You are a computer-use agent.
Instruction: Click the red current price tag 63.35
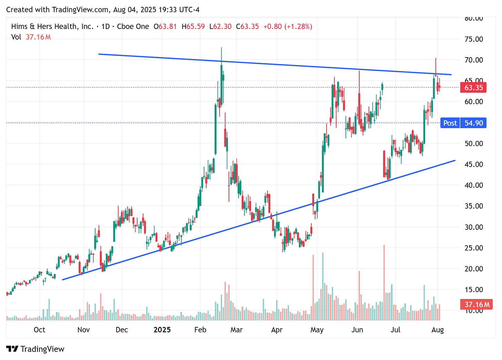[473, 88]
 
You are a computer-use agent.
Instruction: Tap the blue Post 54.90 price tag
[463, 123]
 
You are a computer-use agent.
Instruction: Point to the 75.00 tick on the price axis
[473, 39]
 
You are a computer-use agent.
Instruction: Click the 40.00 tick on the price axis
[473, 185]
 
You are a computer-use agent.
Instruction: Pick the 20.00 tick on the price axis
[473, 269]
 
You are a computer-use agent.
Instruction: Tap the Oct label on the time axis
[39, 330]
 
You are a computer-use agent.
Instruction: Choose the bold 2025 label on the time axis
[162, 330]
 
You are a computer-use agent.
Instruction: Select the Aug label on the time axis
[438, 330]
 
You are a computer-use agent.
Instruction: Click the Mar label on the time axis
[236, 330]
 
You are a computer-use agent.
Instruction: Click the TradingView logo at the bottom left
[35, 349]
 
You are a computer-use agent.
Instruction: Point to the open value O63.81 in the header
[165, 27]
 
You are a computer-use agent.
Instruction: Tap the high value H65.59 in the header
[193, 27]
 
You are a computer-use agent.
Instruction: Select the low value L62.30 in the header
[220, 27]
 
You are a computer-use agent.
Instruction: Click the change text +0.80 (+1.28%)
[288, 27]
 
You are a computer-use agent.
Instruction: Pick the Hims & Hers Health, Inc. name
[52, 27]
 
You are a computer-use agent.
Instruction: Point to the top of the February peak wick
[221, 48]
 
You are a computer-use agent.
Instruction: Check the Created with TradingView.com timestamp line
[103, 10]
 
